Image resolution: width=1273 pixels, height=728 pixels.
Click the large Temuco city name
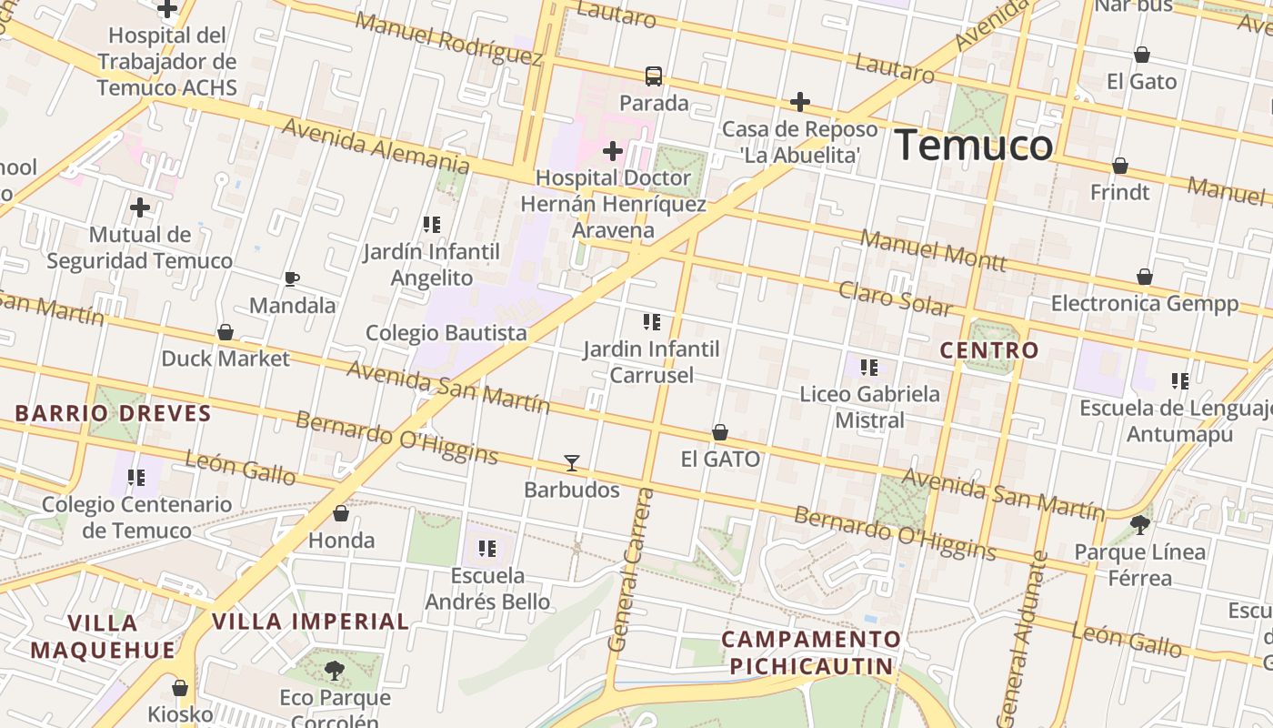click(x=974, y=146)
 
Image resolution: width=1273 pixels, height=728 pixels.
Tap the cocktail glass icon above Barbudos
click(x=571, y=463)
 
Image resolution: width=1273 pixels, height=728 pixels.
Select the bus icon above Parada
click(x=653, y=76)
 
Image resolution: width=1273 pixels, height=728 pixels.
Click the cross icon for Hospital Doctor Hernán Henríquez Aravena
click(x=613, y=150)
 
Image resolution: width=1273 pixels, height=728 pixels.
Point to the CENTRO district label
click(x=988, y=350)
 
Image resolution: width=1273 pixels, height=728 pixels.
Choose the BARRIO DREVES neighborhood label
click(x=113, y=414)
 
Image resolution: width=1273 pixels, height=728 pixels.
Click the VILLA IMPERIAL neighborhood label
click(x=310, y=622)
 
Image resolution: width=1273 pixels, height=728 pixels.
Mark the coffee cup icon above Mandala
click(x=292, y=278)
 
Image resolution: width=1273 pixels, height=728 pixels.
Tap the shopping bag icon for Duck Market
click(x=225, y=332)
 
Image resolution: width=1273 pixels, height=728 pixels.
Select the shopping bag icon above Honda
click(x=341, y=513)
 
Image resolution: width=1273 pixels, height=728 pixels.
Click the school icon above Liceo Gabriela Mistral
click(x=869, y=368)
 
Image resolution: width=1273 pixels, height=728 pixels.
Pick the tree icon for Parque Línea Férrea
click(x=1139, y=524)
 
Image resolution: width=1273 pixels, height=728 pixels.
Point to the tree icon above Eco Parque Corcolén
click(x=335, y=671)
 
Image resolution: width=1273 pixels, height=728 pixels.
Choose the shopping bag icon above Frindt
click(x=1120, y=166)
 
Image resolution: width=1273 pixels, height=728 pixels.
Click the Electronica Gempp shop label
click(x=1145, y=304)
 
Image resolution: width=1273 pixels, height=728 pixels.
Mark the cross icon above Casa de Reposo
click(x=800, y=101)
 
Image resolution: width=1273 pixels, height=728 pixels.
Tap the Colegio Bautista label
click(x=446, y=333)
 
